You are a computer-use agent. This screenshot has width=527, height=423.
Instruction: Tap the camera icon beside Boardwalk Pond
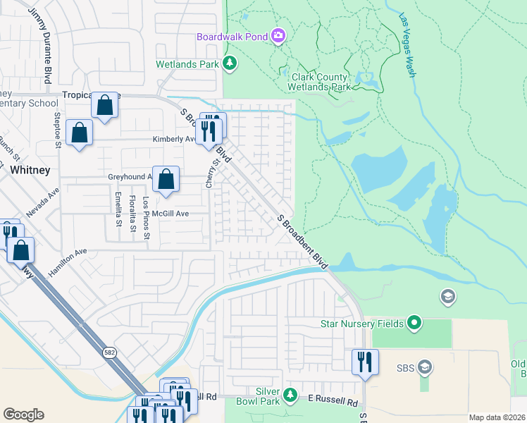[278, 36]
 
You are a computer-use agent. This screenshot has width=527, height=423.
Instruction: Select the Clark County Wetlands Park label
[318, 82]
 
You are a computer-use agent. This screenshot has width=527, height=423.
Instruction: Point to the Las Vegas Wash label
[407, 36]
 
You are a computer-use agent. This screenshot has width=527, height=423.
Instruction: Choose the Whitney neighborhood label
[30, 170]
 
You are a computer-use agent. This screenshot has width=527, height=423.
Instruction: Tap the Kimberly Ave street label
[174, 140]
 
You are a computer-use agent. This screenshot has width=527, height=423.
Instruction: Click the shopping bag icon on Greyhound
[166, 180]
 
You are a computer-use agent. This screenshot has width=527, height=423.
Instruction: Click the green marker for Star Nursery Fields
[414, 324]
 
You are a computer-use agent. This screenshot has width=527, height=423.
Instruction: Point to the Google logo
[23, 415]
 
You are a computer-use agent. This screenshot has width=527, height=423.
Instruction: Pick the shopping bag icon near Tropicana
[105, 107]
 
